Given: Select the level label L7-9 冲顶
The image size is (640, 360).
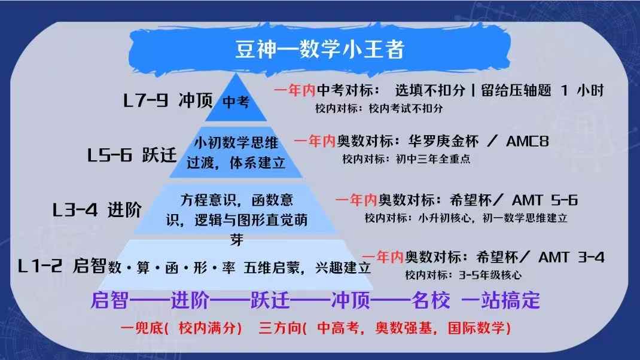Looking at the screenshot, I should (168, 100).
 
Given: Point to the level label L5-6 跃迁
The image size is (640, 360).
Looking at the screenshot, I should (132, 155).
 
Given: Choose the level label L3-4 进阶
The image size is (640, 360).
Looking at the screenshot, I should (97, 210).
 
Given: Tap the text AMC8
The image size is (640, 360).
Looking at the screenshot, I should (527, 142).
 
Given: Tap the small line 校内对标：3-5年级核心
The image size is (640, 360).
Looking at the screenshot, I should (463, 276).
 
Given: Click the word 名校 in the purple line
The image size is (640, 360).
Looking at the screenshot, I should (431, 300).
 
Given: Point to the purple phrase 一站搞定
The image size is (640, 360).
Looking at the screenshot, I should (501, 300).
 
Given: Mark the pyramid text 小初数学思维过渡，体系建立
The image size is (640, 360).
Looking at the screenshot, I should (236, 153).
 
